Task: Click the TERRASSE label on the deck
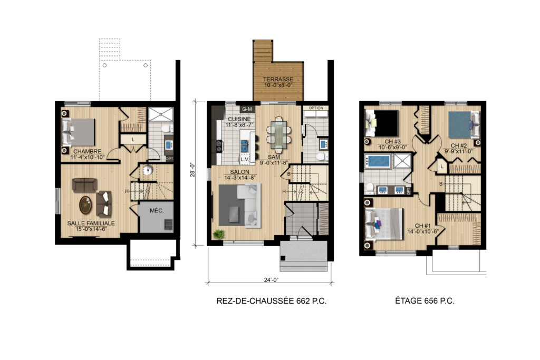[278, 79]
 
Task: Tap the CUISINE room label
[239, 119]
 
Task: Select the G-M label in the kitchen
[247, 109]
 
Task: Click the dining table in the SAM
[278, 134]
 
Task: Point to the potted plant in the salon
[218, 234]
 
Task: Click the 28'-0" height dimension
[193, 169]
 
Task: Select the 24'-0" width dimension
[271, 280]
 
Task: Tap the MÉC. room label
[157, 211]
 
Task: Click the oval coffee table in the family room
[85, 205]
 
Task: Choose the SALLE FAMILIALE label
[91, 223]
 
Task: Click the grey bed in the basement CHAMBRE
[78, 132]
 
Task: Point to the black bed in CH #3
[382, 123]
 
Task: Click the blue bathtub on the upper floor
[378, 161]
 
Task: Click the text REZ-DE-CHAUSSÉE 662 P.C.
[272, 301]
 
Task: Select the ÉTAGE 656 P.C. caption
[425, 301]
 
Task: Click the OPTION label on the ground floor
[316, 108]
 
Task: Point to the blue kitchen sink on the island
[244, 145]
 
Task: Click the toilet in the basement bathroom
[166, 130]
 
